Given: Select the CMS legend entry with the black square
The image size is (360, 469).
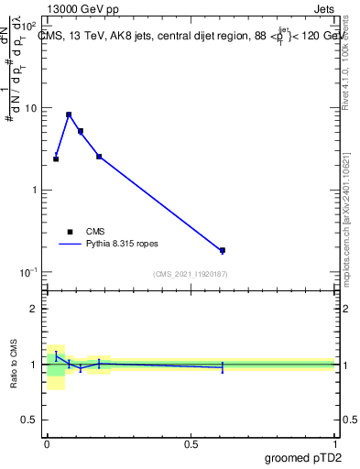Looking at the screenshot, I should tap(70, 232).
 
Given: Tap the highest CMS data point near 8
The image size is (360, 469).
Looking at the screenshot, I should tap(69, 115).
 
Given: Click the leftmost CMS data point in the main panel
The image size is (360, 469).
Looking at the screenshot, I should tap(56, 158).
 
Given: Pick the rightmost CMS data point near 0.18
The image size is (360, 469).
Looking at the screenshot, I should tap(223, 250).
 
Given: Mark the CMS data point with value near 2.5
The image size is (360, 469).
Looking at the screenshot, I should tap(99, 157).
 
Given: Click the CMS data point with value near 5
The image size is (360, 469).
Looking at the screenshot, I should tap(81, 131).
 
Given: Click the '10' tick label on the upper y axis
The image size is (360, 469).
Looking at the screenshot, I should tap(33, 108).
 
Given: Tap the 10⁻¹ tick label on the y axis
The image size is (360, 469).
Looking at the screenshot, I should tap(30, 272).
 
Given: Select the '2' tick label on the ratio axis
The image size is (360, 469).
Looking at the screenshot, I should tap(35, 309).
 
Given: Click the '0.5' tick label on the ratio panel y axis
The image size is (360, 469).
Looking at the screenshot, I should tap(29, 420).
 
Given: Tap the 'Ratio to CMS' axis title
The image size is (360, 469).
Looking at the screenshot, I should tap(15, 365).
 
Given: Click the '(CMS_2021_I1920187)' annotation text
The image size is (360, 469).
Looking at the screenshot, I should tap(191, 274).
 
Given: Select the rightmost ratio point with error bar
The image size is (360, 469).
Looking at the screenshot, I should tap(223, 367).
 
